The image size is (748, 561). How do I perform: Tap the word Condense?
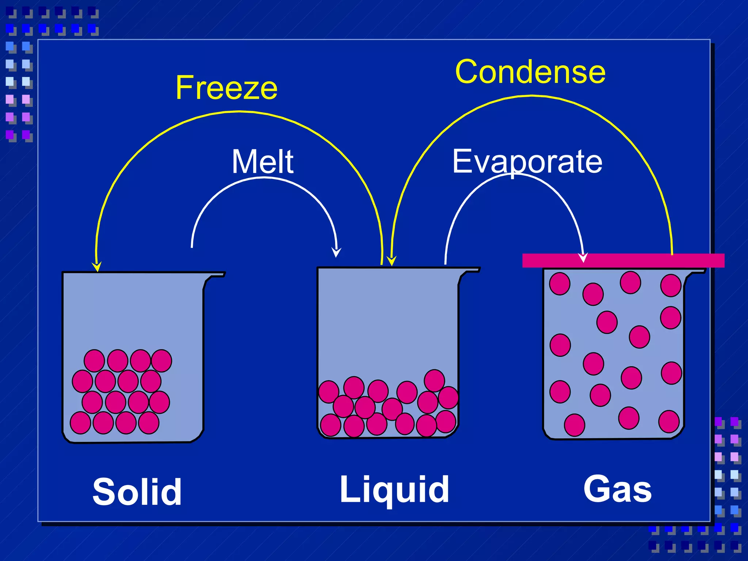[530, 72]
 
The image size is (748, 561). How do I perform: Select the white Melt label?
[263, 161]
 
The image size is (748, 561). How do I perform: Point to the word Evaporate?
[527, 161]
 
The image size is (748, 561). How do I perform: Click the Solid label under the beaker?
[137, 492]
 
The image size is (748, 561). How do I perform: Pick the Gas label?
[617, 489]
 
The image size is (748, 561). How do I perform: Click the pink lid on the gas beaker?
[623, 260]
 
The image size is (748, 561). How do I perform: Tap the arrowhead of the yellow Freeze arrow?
[97, 267]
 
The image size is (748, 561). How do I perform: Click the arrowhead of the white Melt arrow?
[336, 253]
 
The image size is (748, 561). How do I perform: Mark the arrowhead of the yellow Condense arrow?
[392, 261]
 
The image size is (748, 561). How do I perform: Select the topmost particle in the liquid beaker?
[434, 380]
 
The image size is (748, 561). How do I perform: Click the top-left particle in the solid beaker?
[94, 360]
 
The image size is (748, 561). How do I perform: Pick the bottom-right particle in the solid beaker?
[149, 423]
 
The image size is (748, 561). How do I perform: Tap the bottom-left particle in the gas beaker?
[575, 425]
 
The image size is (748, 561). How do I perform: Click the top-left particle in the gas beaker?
[560, 283]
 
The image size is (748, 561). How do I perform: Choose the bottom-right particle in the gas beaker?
[669, 421]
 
